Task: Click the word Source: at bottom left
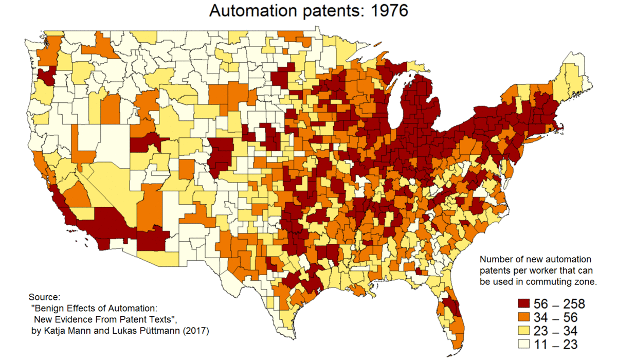(x=45, y=297)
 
